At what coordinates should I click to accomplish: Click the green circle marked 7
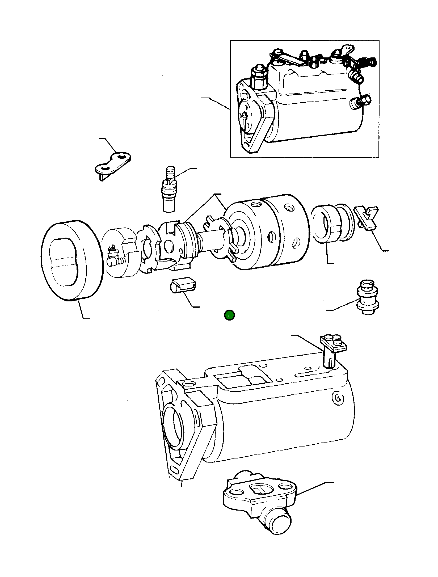coord(229,315)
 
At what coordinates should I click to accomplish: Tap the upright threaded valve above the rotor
coord(169,189)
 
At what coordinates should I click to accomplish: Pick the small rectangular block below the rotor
coord(183,285)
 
